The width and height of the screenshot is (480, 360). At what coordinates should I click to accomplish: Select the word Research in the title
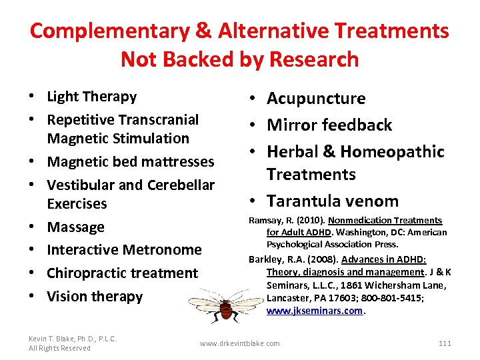312,59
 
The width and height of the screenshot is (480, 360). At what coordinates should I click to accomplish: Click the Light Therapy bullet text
91,97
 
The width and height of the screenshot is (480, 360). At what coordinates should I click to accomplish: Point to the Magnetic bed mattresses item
130,162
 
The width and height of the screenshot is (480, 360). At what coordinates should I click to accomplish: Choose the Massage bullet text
75,227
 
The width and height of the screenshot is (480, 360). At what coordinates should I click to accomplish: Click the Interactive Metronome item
124,250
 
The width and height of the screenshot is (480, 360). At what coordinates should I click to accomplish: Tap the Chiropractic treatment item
122,273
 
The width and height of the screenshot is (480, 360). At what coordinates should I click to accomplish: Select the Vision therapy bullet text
95,297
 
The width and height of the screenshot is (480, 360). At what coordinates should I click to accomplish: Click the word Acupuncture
316,99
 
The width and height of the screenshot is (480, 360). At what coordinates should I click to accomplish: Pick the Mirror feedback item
329,125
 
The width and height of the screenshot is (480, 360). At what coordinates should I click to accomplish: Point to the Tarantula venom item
333,201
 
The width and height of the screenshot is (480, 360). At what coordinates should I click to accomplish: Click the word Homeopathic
392,151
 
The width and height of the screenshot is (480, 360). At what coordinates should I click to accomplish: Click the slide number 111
445,343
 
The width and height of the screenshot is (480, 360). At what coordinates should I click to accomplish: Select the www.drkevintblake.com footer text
240,343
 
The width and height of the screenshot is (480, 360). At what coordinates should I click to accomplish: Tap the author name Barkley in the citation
265,259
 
